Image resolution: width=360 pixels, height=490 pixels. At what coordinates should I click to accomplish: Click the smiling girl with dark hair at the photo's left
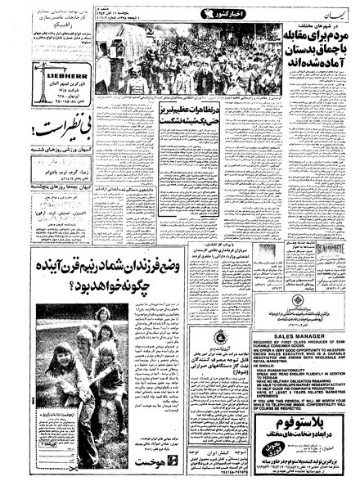(61, 360)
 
